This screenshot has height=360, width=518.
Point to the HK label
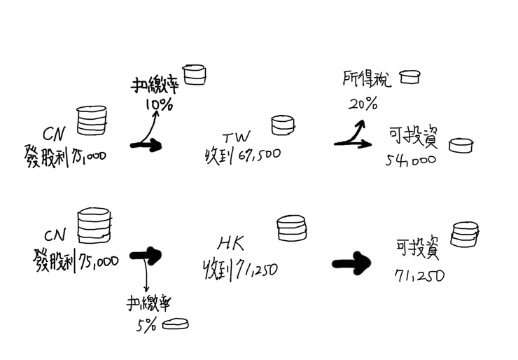(230, 243)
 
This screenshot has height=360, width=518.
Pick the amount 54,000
(410, 160)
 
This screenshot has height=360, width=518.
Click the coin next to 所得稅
(409, 76)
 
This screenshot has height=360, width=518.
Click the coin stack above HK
(290, 228)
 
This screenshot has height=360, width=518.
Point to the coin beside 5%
(175, 324)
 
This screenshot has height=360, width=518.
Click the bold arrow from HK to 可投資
(353, 264)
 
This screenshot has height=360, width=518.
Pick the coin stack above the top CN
(92, 120)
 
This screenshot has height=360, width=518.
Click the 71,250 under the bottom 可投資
(419, 275)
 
